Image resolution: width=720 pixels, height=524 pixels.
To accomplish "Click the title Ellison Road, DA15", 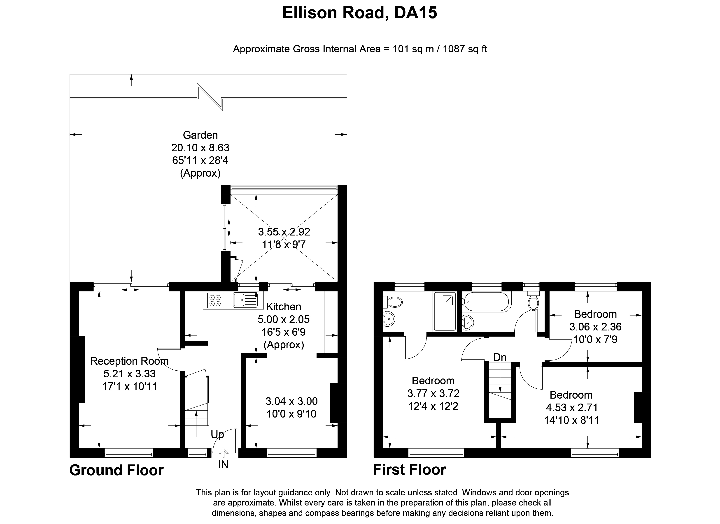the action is (x=360, y=13).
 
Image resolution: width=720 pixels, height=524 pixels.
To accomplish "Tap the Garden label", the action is (x=200, y=135).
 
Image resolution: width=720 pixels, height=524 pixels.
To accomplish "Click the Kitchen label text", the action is (x=284, y=307).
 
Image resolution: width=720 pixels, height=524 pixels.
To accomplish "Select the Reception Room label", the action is (x=129, y=361).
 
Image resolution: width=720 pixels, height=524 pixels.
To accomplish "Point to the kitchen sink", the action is (x=245, y=300).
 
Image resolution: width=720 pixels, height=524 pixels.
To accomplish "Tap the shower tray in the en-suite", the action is (x=445, y=312).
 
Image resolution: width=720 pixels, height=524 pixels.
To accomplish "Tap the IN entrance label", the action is (x=223, y=464).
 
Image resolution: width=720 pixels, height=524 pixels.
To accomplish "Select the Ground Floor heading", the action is (x=117, y=470).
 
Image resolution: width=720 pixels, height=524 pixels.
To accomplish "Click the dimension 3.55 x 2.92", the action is (x=284, y=232).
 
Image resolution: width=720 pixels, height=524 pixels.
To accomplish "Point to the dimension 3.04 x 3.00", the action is (x=291, y=401).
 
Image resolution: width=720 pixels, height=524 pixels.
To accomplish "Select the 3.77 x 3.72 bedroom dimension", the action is (x=433, y=393).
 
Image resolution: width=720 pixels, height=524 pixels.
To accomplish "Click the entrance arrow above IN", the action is (x=224, y=453).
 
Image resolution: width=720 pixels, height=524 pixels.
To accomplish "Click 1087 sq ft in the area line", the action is (x=465, y=49).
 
